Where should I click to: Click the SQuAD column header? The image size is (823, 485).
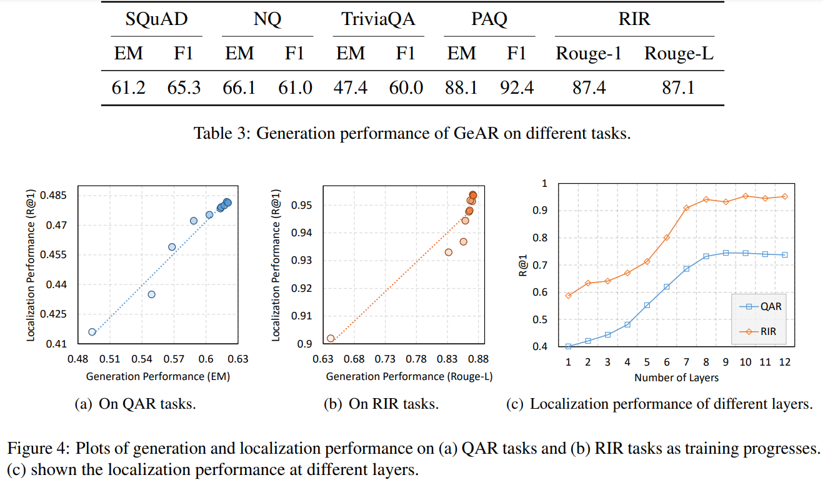pyautogui.click(x=156, y=19)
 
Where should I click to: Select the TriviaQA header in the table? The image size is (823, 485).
pyautogui.click(x=378, y=19)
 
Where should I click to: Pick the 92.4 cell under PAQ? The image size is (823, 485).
pyautogui.click(x=517, y=87)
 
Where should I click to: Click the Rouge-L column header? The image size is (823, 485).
pyautogui.click(x=679, y=54)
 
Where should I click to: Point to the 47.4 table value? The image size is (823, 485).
pyautogui.click(x=351, y=87)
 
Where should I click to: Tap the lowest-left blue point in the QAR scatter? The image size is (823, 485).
pyautogui.click(x=92, y=332)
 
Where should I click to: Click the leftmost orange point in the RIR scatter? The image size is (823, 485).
pyautogui.click(x=331, y=338)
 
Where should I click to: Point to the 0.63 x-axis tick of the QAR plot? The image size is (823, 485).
pyautogui.click(x=238, y=359)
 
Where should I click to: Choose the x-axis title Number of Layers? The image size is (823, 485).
pyautogui.click(x=676, y=377)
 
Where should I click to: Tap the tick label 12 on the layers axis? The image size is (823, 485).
pyautogui.click(x=785, y=362)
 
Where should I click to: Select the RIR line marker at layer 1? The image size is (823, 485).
pyautogui.click(x=569, y=295)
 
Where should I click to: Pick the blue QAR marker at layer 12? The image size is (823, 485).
pyautogui.click(x=785, y=254)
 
